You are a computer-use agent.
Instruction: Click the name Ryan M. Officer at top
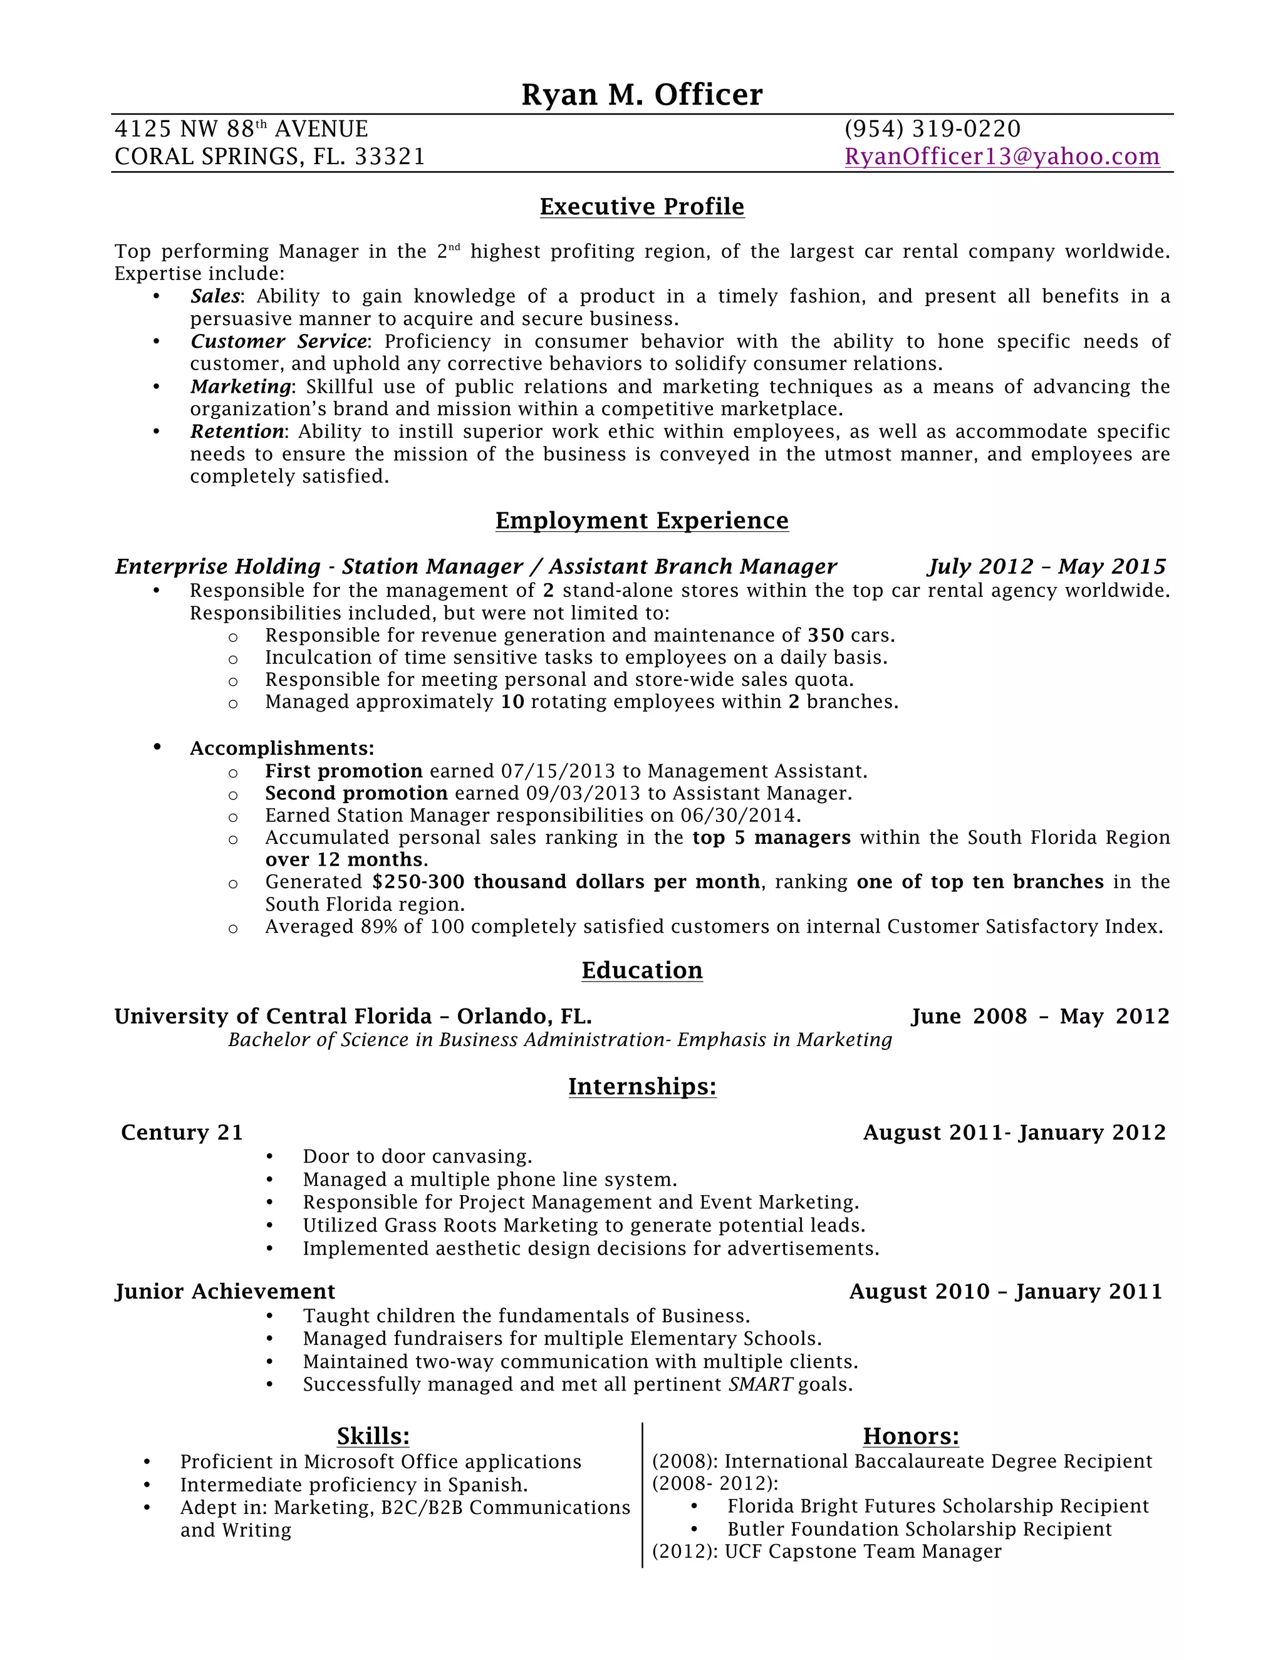641,95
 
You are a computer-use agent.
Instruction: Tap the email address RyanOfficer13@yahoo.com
1002,157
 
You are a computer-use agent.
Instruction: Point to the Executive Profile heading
641,207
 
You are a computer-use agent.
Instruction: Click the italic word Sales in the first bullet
215,296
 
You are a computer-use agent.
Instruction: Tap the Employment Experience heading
641,521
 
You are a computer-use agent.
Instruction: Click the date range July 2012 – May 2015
1046,566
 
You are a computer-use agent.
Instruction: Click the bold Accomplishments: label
282,749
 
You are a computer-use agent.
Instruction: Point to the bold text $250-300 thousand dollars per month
566,882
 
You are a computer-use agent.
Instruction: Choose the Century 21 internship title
182,1133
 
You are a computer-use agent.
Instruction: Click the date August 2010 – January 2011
1005,1292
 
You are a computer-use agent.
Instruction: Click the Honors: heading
910,1436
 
